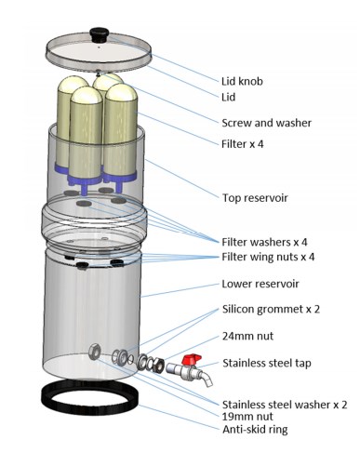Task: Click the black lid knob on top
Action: click(99, 33)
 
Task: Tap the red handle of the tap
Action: click(192, 360)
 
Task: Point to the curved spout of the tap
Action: click(207, 379)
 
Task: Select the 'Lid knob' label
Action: click(242, 81)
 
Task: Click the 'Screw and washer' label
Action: click(266, 123)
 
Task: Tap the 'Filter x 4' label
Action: click(242, 144)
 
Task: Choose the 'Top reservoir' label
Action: click(255, 198)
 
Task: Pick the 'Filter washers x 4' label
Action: click(264, 242)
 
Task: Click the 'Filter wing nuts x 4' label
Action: click(268, 257)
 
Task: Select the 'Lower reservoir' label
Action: click(260, 284)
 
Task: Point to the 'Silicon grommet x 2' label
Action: click(271, 309)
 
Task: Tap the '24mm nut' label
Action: click(247, 336)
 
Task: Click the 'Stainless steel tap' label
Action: click(267, 363)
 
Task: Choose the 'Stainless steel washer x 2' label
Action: click(285, 405)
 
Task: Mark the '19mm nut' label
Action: click(247, 417)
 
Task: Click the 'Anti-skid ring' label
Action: click(255, 430)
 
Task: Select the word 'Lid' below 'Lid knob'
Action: click(228, 98)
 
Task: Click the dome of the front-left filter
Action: click(87, 95)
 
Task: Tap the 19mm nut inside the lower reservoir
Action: click(94, 352)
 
